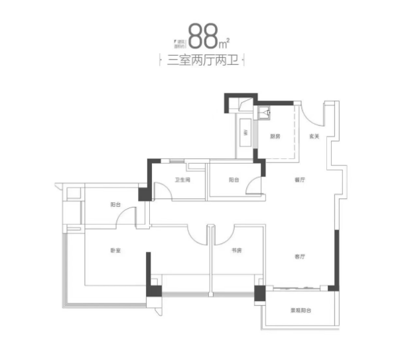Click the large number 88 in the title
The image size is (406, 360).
pyautogui.click(x=203, y=36)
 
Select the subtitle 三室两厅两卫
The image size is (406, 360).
pyautogui.click(x=204, y=62)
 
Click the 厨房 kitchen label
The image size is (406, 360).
pyautogui.click(x=276, y=137)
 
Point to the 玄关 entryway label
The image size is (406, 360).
pyautogui.click(x=314, y=137)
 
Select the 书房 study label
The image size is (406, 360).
pyautogui.click(x=235, y=251)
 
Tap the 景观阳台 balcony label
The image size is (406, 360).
pyautogui.click(x=301, y=310)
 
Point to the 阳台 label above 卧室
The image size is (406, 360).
pyautogui.click(x=115, y=205)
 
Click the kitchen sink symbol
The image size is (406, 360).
pyautogui.click(x=267, y=113)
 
